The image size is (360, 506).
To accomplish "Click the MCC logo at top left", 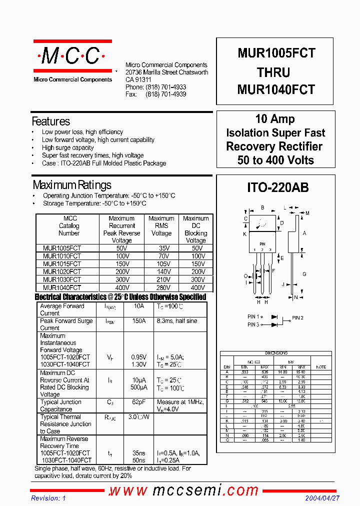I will click(x=72, y=56).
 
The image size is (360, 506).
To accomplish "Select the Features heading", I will click(x=51, y=121).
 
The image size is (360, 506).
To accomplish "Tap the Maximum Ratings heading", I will click(x=72, y=185).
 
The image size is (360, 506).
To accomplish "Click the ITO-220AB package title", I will click(x=278, y=188).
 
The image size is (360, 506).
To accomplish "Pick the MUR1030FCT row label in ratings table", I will click(x=61, y=280).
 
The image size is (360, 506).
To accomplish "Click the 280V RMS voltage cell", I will click(x=161, y=288).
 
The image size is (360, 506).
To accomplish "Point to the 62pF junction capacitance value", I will click(x=138, y=402).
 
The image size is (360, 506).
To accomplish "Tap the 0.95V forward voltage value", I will click(x=138, y=357).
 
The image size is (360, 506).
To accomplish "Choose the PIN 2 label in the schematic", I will click(x=297, y=317).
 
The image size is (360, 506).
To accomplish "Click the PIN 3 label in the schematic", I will click(x=253, y=324).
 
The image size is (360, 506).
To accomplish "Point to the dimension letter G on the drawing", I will click(x=304, y=274).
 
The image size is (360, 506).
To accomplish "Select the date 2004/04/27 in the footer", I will click(x=322, y=498).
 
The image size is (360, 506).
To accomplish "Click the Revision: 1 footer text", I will click(x=48, y=498).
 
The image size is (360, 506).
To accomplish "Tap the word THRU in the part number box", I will click(x=273, y=72).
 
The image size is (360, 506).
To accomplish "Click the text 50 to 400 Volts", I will click(x=275, y=160).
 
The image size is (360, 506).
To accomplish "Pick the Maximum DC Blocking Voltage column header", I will click(x=196, y=229).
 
